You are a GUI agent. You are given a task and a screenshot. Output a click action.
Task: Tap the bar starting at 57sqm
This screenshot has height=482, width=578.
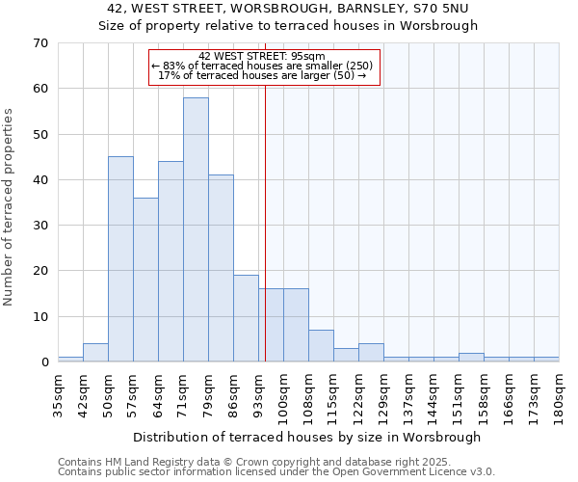(145, 280)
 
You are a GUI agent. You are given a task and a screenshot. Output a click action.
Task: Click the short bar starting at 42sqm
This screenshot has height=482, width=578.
(95, 353)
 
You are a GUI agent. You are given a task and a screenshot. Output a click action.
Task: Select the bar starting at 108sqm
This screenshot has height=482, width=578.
(321, 346)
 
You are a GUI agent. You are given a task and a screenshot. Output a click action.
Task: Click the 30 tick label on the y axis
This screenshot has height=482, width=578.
(39, 226)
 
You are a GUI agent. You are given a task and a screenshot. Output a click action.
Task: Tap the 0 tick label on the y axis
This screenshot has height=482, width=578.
(43, 362)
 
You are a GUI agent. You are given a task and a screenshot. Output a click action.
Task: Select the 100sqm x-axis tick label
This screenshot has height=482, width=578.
(284, 390)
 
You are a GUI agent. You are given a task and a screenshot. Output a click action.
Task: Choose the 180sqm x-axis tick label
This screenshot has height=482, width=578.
(560, 390)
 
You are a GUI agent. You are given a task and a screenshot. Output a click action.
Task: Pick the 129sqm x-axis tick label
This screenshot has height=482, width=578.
(384, 390)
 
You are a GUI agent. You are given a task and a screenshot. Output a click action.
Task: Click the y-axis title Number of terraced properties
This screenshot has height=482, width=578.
(9, 207)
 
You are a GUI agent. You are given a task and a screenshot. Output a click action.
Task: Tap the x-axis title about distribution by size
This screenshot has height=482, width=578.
(306, 437)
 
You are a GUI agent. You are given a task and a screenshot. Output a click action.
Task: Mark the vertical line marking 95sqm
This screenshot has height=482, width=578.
(265, 222)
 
